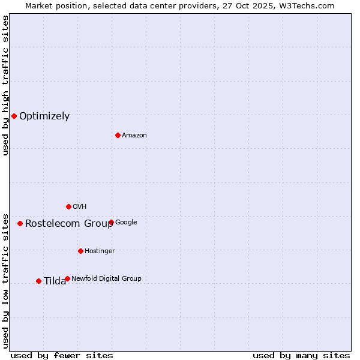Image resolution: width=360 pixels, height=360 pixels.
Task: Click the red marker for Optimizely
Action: (14, 116)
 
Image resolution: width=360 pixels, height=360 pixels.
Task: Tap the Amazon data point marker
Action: (118, 135)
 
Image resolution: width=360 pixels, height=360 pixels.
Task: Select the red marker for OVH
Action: (68, 206)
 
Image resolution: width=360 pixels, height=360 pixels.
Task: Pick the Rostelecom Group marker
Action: (20, 223)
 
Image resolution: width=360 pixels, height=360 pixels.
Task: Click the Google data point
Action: (111, 222)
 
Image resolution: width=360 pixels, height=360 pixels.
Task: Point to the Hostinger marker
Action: (80, 251)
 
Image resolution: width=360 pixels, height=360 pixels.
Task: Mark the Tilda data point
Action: (38, 281)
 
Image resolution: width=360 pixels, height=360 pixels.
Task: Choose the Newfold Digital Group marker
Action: (67, 278)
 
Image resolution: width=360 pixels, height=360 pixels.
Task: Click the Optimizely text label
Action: (44, 116)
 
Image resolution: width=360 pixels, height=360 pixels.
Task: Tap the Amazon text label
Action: (134, 136)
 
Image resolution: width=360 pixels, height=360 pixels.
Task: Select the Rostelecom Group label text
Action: (69, 224)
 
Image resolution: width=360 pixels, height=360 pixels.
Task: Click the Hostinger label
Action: (100, 251)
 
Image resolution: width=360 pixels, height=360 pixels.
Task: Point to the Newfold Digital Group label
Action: (106, 278)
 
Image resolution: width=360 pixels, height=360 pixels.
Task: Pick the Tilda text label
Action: (55, 281)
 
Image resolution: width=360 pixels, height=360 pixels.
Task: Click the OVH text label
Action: (80, 207)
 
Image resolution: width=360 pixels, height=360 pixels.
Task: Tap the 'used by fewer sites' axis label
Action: (62, 355)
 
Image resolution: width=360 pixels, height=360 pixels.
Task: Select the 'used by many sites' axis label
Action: (301, 355)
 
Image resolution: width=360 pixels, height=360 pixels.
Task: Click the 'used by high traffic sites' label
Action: (5, 85)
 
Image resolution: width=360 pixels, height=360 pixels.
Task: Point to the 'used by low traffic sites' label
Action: (5, 280)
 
